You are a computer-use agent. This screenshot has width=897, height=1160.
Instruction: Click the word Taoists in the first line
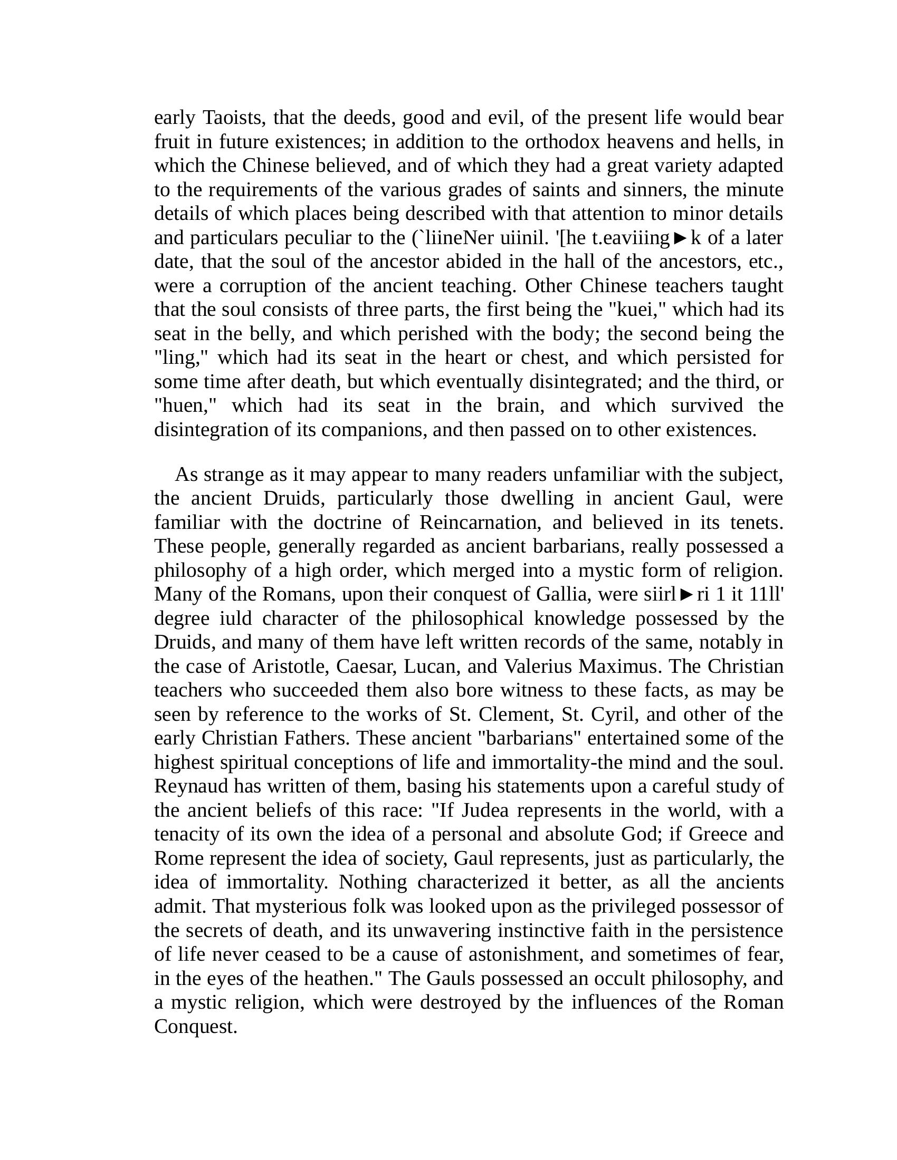coord(234,118)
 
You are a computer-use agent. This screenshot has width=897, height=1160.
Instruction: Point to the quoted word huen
coord(186,406)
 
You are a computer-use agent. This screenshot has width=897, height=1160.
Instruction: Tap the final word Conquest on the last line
coord(195,1027)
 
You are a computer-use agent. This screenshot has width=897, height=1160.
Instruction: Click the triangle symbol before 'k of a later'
coord(680,238)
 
